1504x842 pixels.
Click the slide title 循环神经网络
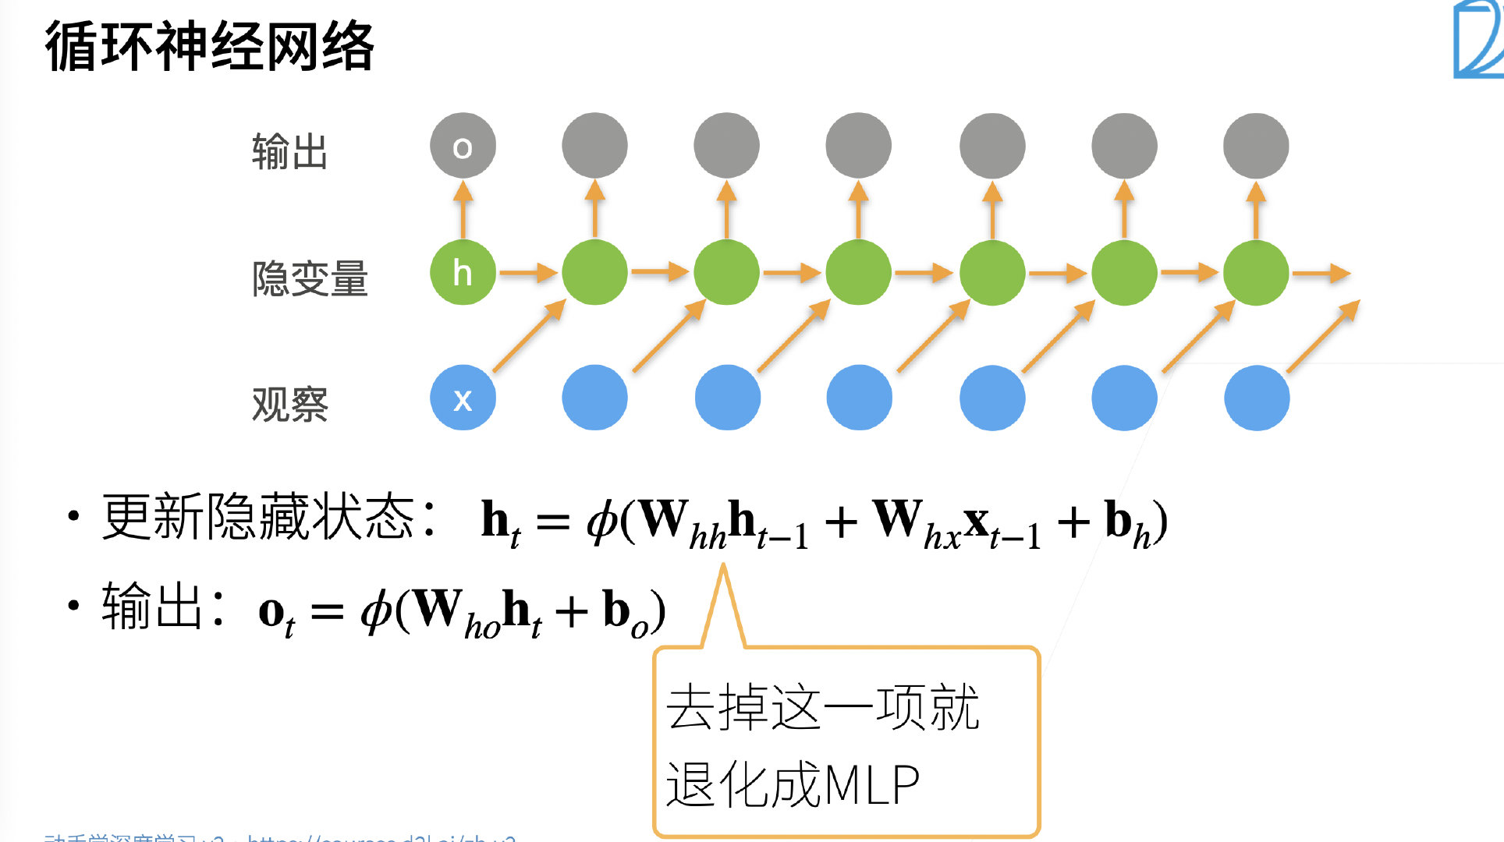click(209, 47)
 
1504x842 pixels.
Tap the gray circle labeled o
click(463, 146)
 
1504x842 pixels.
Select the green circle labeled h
click(463, 273)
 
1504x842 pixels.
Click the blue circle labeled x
click(463, 398)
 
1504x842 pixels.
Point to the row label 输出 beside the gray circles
click(289, 151)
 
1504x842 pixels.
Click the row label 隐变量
click(310, 278)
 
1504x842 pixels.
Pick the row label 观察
click(289, 405)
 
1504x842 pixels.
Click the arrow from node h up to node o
click(463, 209)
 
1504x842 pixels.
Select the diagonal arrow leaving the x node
click(528, 336)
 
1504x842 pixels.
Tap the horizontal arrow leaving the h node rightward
click(528, 273)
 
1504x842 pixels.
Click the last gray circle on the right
click(1256, 146)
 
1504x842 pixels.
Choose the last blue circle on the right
click(1257, 398)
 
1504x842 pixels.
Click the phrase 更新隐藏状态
click(257, 517)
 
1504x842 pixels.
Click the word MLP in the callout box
click(872, 784)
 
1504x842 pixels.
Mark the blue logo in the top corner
click(1478, 39)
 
